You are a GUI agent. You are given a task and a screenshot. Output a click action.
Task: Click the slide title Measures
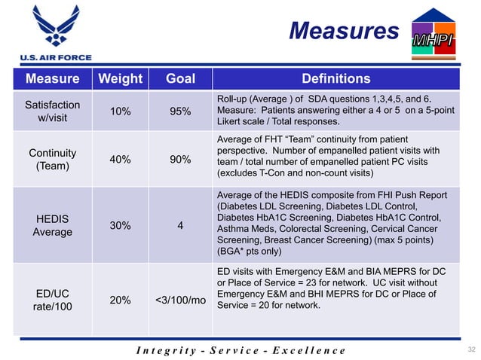point(343,31)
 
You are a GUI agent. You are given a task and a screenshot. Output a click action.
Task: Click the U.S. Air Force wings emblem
point(51,26)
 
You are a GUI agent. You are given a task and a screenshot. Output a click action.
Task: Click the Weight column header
point(116,79)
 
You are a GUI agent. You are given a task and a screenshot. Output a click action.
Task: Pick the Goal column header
point(179,79)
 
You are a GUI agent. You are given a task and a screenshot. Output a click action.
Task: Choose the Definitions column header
point(335,79)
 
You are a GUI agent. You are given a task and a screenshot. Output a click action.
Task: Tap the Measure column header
point(52,79)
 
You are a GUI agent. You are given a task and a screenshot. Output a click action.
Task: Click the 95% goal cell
point(179,111)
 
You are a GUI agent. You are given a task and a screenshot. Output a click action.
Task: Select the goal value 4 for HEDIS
point(180,224)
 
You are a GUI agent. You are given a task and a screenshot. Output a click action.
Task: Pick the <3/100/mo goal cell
point(181,300)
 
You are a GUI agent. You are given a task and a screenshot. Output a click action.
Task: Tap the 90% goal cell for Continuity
point(179,159)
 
